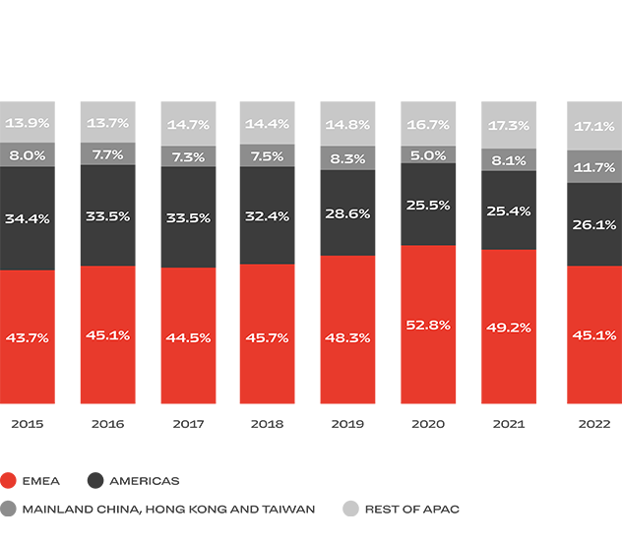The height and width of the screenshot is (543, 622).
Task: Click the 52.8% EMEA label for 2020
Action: tap(428, 325)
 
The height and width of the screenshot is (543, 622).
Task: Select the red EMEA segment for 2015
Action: tap(28, 336)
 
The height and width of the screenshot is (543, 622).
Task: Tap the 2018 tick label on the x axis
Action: tap(267, 425)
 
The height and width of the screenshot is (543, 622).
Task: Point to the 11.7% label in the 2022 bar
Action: tap(593, 168)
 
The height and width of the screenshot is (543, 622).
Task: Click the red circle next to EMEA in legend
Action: tap(9, 481)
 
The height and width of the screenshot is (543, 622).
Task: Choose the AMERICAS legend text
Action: tap(144, 481)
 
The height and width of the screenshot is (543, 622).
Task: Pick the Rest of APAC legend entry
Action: tap(411, 509)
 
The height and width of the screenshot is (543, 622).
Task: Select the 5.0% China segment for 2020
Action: tap(428, 155)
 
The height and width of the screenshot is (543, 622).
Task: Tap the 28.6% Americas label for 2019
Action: tap(346, 213)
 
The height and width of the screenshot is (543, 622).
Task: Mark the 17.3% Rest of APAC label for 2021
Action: tap(508, 126)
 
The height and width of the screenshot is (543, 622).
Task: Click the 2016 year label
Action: tap(107, 425)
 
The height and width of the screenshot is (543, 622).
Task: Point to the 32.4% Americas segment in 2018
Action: tap(267, 215)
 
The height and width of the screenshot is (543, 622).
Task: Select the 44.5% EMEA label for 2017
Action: tap(188, 336)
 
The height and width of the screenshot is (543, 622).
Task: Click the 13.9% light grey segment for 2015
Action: tap(28, 123)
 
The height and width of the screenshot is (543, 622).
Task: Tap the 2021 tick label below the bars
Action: tap(508, 425)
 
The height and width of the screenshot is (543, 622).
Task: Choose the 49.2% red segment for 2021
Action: tap(508, 327)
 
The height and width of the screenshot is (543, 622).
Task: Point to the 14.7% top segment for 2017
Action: tap(188, 125)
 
